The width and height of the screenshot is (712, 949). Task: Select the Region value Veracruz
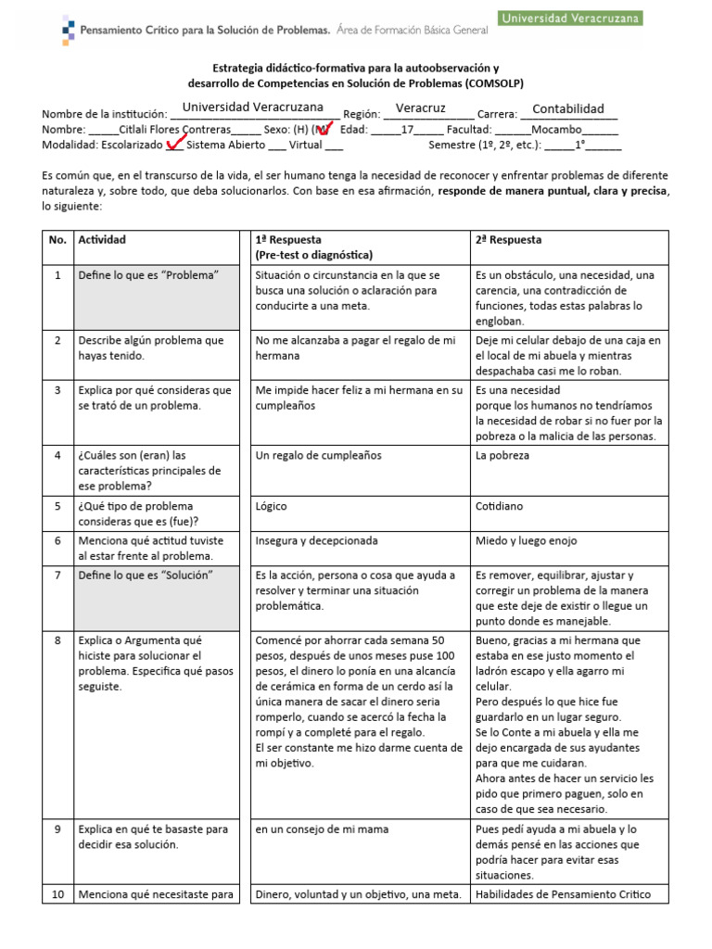pos(420,108)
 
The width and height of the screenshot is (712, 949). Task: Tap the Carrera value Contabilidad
pos(568,109)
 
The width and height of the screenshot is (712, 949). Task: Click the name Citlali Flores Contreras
pos(176,130)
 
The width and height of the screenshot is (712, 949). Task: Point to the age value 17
pos(406,130)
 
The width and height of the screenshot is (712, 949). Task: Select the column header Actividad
pos(102,240)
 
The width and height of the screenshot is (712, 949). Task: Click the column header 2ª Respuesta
pos(508,240)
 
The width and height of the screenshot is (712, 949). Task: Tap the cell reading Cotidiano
pos(500,507)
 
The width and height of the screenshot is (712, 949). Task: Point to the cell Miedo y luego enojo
pos(526,540)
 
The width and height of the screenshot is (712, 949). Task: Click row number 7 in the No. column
pos(57,576)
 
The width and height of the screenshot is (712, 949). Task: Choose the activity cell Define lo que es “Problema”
pos(148,275)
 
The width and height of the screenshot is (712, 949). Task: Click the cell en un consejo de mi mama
pos(323,829)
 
